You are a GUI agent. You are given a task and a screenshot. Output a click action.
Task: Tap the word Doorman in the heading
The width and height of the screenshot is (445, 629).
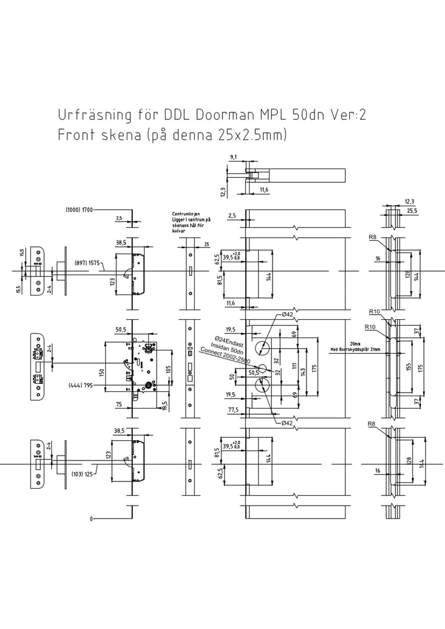[x=225, y=116]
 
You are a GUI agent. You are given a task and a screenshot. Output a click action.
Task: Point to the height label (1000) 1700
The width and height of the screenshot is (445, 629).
[x=79, y=210]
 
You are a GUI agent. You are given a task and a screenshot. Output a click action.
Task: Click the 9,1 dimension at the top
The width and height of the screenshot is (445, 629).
[x=234, y=157]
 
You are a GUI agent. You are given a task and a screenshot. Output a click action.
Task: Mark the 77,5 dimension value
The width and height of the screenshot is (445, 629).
[x=233, y=409]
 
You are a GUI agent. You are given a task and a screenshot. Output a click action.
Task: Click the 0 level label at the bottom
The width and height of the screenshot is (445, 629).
[x=91, y=519]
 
